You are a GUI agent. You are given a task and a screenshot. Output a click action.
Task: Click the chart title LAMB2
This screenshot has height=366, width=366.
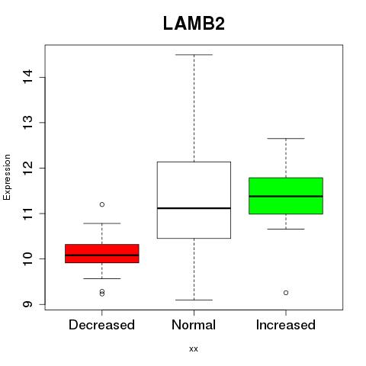[194, 24]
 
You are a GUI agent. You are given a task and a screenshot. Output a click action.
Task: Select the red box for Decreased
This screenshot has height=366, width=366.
[102, 253]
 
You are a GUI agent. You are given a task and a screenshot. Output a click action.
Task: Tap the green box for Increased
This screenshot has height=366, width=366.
[286, 196]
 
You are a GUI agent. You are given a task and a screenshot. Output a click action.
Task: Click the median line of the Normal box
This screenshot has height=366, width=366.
[194, 208]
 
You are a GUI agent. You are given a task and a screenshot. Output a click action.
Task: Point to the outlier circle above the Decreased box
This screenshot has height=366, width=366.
[102, 204]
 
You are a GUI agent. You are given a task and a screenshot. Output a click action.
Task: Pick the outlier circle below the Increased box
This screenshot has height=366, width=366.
[286, 293]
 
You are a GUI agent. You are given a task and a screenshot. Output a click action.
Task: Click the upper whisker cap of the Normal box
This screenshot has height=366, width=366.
[194, 55]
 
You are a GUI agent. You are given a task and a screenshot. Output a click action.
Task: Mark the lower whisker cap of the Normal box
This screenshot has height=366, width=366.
[194, 300]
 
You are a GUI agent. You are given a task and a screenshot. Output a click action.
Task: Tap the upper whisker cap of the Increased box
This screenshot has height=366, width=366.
[286, 139]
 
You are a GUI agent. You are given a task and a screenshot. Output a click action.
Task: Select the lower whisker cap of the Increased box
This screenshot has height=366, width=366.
[286, 229]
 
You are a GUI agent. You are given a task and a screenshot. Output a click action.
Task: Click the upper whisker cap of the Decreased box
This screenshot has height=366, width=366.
[102, 223]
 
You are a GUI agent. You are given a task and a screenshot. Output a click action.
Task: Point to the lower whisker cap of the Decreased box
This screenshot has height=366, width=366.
[102, 278]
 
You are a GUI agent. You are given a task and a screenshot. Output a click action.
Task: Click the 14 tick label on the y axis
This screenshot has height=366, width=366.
[28, 76]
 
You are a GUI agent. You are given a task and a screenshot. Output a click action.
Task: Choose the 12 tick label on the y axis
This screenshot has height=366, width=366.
[28, 168]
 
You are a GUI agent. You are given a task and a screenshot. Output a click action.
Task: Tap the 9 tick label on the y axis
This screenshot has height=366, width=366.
[28, 304]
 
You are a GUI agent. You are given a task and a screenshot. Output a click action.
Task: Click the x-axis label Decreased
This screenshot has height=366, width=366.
[101, 325]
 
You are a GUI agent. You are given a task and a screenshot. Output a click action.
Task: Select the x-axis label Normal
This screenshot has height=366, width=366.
[194, 325]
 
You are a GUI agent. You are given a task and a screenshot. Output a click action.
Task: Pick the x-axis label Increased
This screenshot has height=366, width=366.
[286, 325]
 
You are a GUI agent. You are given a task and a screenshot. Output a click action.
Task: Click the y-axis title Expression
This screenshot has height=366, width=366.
[7, 177]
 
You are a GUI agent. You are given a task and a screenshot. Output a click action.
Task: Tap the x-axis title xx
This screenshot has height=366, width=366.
[194, 349]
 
